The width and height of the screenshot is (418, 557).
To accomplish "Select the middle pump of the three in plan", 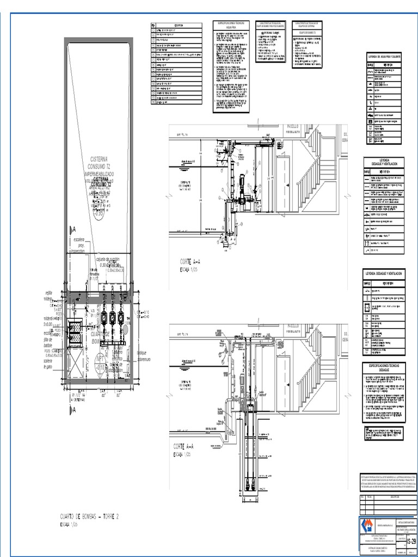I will pyautogui.click(x=113, y=317).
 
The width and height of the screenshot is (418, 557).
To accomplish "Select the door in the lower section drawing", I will pyautogui.click(x=284, y=381).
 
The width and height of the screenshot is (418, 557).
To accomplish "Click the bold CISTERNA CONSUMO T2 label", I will pyautogui.click(x=101, y=182).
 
